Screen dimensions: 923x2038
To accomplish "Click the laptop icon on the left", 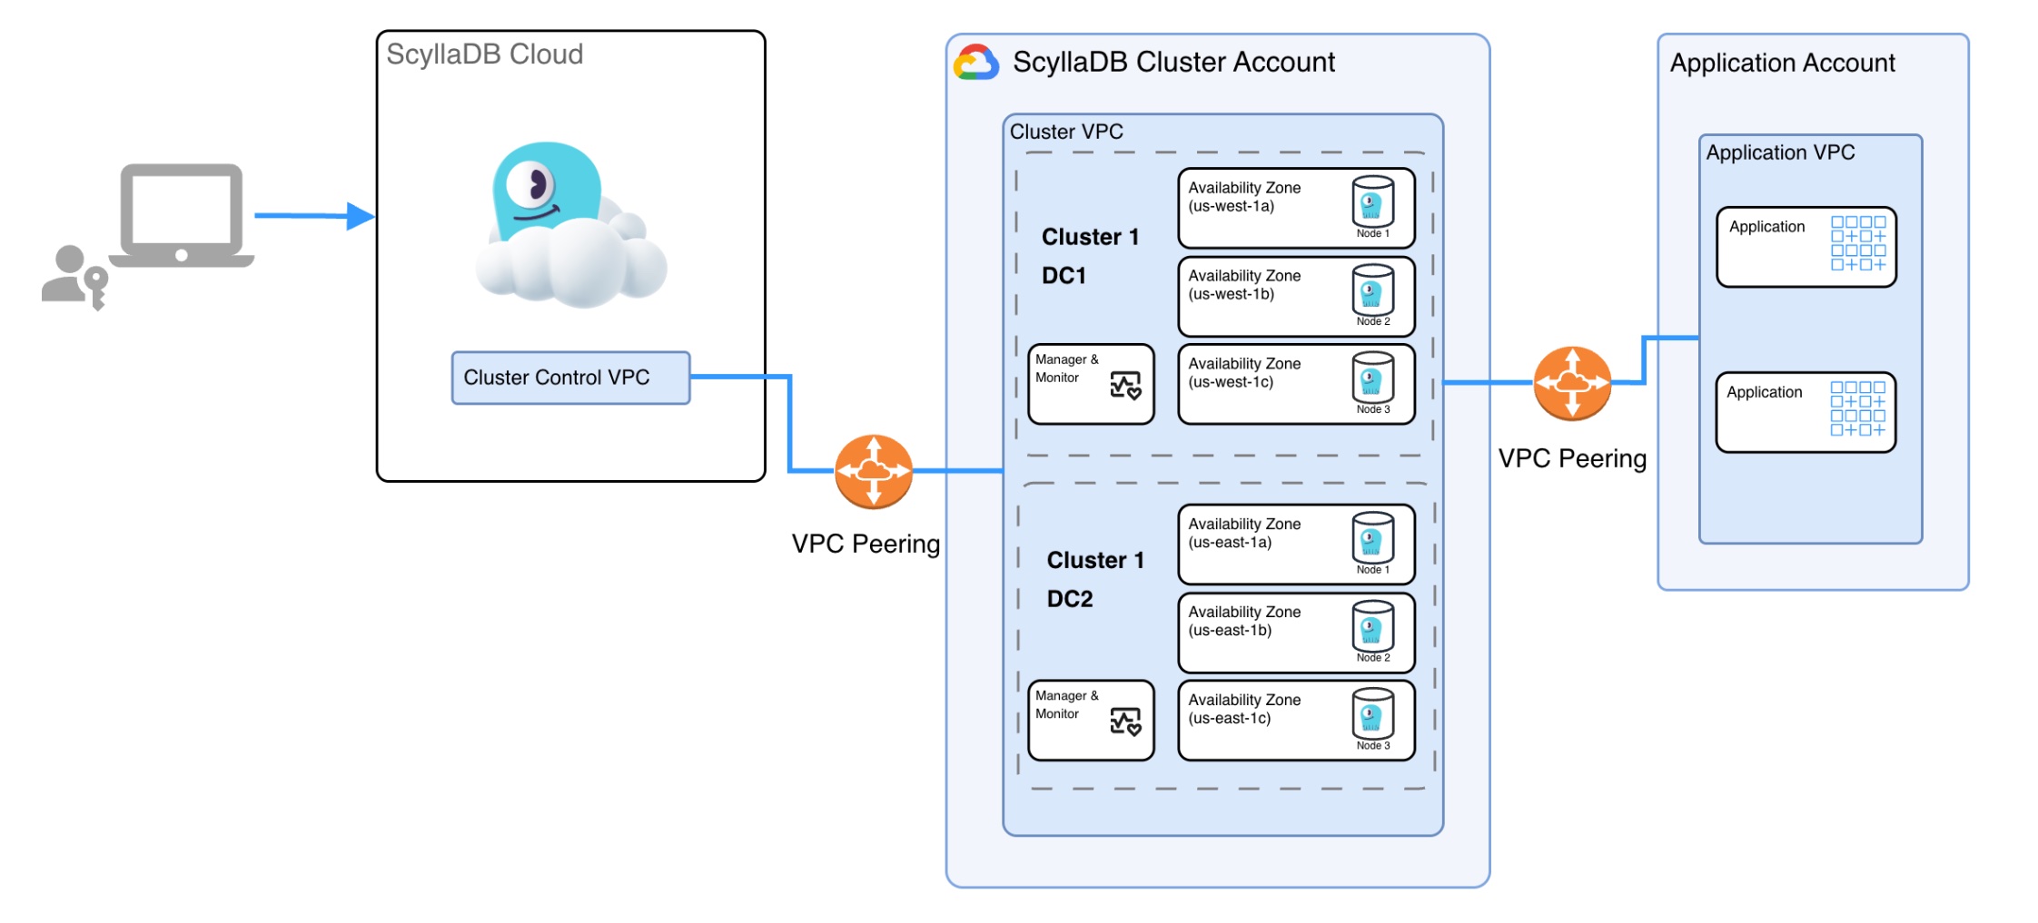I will click(x=182, y=216).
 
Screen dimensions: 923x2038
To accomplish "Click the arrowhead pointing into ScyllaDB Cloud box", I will click(x=361, y=216).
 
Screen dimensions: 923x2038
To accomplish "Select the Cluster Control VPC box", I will click(x=570, y=378).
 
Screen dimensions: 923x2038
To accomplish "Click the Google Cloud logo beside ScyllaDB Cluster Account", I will click(x=975, y=63).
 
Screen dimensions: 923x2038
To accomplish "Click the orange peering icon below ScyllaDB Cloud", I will click(x=873, y=471).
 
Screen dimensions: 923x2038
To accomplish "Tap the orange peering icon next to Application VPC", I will click(x=1572, y=383).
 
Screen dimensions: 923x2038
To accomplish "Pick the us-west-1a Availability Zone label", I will click(x=1243, y=197).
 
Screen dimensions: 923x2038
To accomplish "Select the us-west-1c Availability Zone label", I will click(x=1243, y=373).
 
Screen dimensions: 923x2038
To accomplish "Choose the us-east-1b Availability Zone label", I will click(x=1243, y=622).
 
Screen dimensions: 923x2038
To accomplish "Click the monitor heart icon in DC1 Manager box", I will click(x=1125, y=386).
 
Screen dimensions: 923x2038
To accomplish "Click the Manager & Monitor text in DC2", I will click(x=1066, y=705).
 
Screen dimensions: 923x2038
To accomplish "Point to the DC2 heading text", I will click(x=1070, y=599).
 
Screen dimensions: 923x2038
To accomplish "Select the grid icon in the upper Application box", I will click(x=1857, y=243).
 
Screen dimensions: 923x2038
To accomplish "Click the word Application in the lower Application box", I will click(x=1764, y=392).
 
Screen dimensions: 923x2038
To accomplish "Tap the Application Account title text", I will click(x=1782, y=63).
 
